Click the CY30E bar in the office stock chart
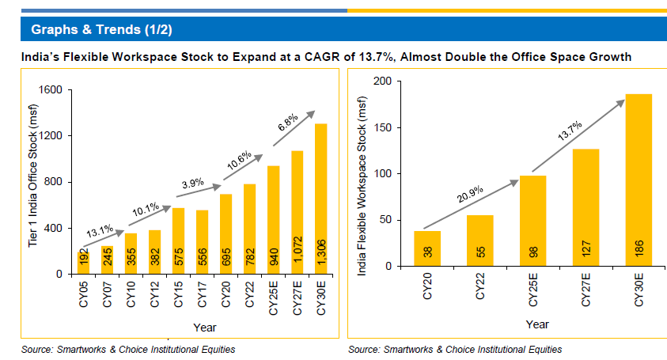[321, 199]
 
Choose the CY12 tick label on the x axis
[154, 293]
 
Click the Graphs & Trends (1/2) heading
[101, 30]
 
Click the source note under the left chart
[127, 349]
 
